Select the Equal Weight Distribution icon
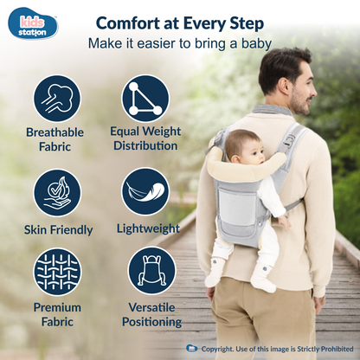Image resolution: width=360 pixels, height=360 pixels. tap(145, 97)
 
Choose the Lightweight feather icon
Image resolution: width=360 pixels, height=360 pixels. tap(145, 191)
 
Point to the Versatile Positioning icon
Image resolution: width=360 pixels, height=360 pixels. tap(151, 270)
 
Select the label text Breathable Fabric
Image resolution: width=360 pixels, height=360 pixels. tap(54, 140)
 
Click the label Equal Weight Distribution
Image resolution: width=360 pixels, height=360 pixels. tap(145, 139)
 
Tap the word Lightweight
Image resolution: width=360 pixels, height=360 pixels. tap(149, 229)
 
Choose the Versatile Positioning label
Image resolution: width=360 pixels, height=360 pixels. tap(151, 314)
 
